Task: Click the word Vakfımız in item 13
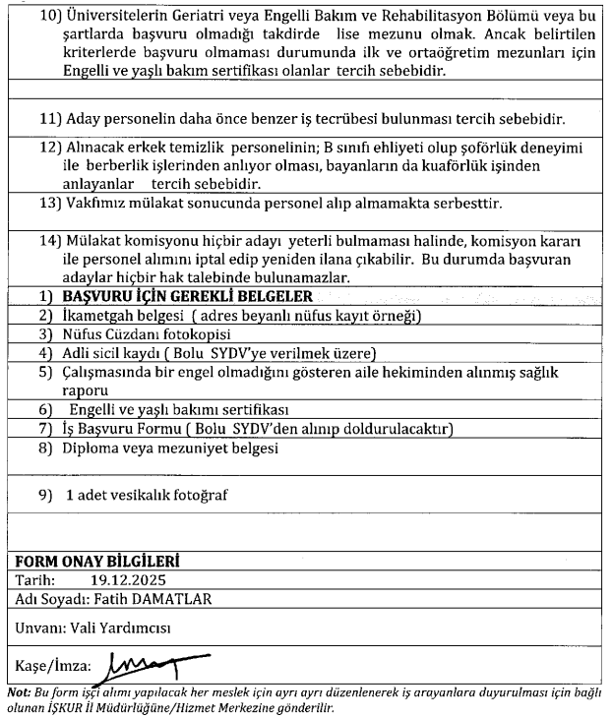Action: click(97, 206)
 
